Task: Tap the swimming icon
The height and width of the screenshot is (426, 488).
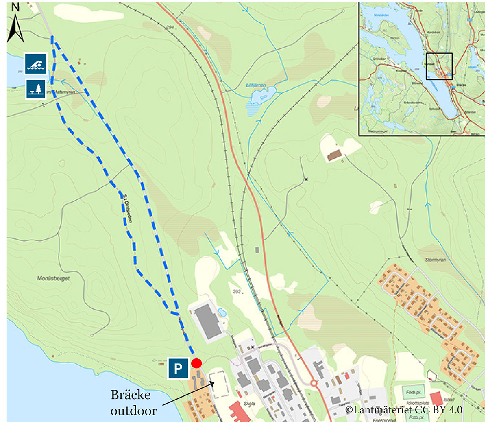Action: tap(35, 64)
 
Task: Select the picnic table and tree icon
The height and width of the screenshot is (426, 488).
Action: tap(35, 89)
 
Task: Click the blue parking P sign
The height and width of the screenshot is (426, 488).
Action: tap(178, 368)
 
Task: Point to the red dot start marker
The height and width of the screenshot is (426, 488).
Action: tap(196, 363)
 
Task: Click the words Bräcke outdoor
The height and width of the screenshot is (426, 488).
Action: tap(133, 403)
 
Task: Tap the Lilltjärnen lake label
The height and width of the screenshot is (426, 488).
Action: tap(256, 86)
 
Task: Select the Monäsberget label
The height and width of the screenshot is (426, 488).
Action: tap(53, 279)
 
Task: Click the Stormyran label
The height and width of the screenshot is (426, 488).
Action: tap(435, 260)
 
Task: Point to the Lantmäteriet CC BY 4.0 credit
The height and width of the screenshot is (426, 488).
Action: tap(403, 409)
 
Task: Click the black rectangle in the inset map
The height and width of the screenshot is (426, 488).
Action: tap(439, 66)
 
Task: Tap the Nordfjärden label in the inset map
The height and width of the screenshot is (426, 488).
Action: tap(381, 15)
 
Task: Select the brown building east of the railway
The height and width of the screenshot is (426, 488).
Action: tap(334, 155)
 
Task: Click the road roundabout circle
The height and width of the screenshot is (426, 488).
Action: tap(314, 383)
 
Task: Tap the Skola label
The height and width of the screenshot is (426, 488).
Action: tap(250, 404)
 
